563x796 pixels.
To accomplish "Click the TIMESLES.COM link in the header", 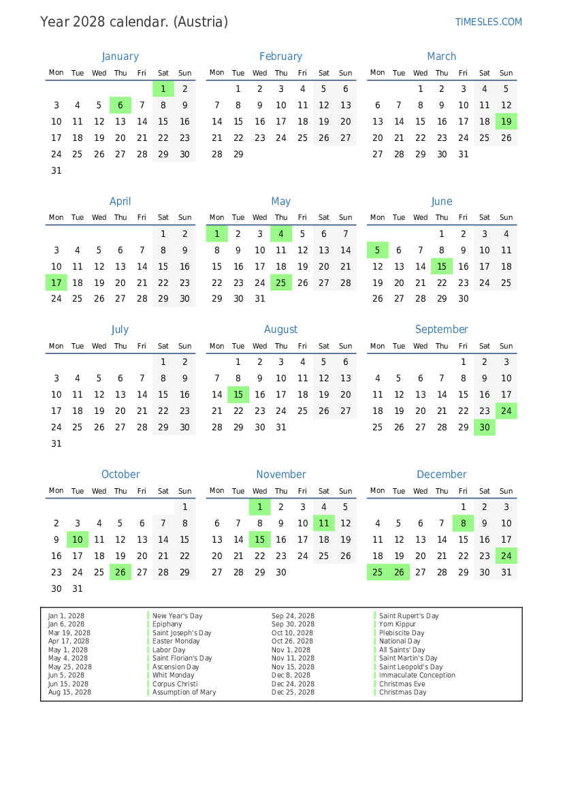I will tap(488, 22).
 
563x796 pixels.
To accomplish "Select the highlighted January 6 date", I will tap(120, 106).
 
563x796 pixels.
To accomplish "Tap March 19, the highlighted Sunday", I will tap(506, 122).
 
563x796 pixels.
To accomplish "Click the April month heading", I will tap(120, 202).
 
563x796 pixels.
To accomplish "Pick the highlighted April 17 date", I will tap(57, 283).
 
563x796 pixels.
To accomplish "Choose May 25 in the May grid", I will tap(281, 283).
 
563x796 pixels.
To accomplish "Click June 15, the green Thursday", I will tap(442, 267).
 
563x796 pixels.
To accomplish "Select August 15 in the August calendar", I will tap(238, 395).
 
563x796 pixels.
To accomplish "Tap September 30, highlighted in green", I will tap(485, 428).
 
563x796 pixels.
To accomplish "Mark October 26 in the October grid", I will tap(120, 573).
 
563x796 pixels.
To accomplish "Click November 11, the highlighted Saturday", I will tap(324, 524).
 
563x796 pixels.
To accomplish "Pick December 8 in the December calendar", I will tap(464, 524).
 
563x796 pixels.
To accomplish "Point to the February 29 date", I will tap(238, 155).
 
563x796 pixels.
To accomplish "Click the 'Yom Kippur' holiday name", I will tap(398, 624).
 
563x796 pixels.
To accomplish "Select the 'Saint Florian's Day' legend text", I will tap(182, 658).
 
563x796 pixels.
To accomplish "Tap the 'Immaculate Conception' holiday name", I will tap(417, 675).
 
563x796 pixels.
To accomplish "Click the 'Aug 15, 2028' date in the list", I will tap(69, 692).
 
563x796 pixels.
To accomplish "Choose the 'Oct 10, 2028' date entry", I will tap(293, 633).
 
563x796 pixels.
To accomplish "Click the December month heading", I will tap(442, 475).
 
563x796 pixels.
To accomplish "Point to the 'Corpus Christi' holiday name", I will tap(175, 684).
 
